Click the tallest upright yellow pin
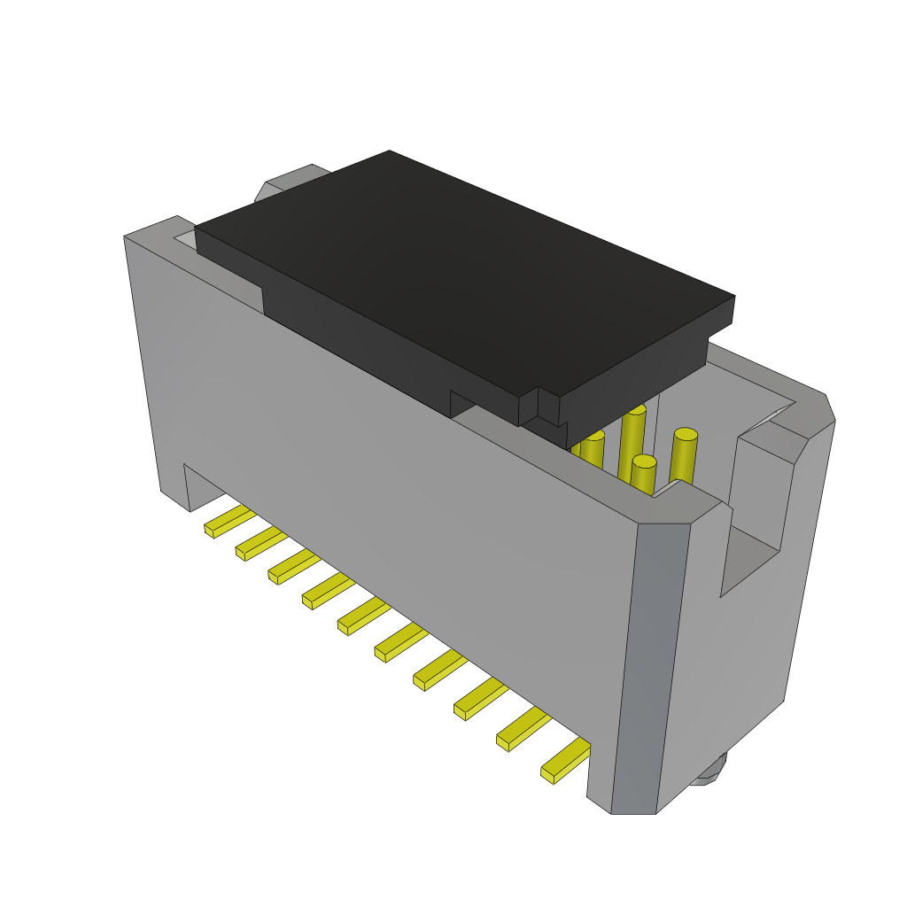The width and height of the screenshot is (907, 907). click(x=632, y=443)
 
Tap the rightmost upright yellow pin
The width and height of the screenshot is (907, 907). click(x=684, y=455)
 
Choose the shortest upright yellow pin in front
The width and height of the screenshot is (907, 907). click(x=644, y=475)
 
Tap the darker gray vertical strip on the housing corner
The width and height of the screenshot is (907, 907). click(x=650, y=664)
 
